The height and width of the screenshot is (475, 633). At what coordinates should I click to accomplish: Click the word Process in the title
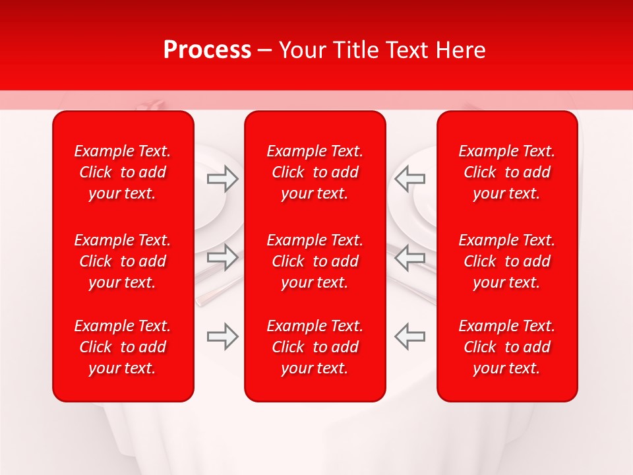click(x=207, y=50)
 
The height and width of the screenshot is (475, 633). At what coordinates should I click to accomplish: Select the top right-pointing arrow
click(x=223, y=178)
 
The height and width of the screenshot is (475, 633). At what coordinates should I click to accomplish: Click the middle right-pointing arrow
click(x=223, y=257)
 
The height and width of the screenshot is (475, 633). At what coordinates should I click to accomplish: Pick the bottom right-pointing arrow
click(x=223, y=336)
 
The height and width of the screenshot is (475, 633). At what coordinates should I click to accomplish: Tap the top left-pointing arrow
click(x=409, y=178)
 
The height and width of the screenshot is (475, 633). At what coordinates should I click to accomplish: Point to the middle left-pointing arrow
click(x=409, y=257)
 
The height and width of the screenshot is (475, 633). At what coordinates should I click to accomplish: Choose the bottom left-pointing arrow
click(x=409, y=336)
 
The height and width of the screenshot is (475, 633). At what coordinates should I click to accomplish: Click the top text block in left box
click(x=123, y=172)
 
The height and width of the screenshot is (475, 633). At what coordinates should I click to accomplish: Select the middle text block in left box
click(x=123, y=261)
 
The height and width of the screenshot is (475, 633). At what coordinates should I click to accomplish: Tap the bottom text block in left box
click(x=123, y=347)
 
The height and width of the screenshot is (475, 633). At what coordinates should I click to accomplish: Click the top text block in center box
click(x=315, y=172)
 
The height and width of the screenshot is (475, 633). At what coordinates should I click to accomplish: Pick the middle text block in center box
click(x=315, y=261)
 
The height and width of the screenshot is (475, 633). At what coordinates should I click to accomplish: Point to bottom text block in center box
click(x=315, y=347)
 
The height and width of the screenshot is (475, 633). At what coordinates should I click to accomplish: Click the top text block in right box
click(x=506, y=172)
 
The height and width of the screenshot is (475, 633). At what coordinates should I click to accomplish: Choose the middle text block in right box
click(x=506, y=261)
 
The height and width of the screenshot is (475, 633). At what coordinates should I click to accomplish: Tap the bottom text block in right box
click(x=506, y=347)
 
